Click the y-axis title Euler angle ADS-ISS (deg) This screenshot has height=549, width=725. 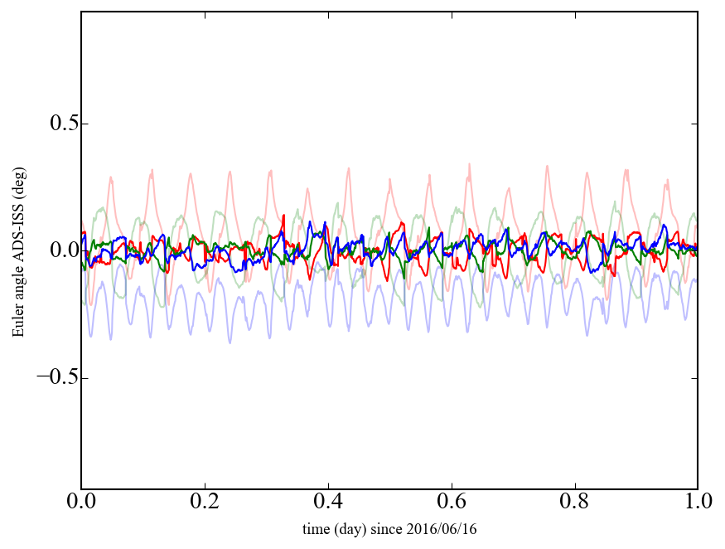pos(17,250)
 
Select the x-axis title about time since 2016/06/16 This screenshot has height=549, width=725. pos(389,529)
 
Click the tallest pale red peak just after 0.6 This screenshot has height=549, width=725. pos(469,165)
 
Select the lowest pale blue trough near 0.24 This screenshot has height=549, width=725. pos(230,342)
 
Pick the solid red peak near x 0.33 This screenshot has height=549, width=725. pos(284,216)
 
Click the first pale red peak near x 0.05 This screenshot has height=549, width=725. pos(110,177)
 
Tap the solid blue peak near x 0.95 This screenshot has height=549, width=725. pos(665,225)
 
